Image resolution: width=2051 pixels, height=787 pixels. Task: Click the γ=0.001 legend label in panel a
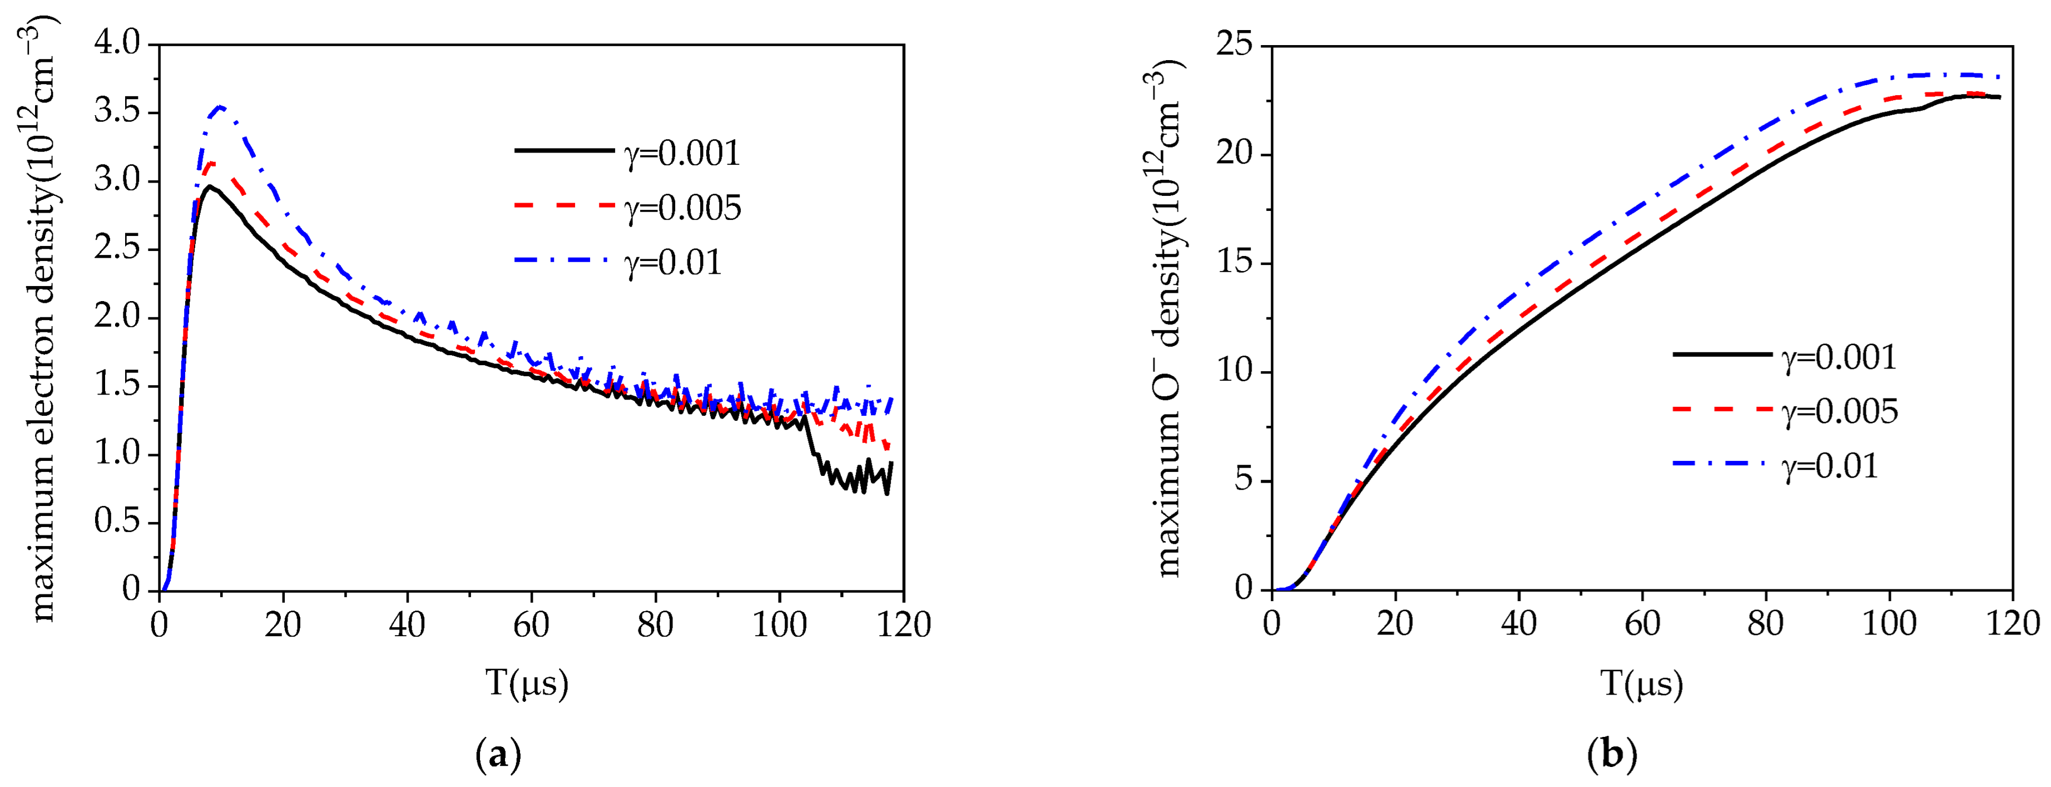pos(682,153)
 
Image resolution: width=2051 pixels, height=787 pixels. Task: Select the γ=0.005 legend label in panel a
pos(682,208)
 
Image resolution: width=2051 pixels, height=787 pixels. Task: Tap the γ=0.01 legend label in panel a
pos(673,263)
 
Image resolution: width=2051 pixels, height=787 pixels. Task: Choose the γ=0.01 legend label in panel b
pos(1830,466)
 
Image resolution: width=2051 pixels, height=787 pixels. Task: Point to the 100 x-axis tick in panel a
pos(779,624)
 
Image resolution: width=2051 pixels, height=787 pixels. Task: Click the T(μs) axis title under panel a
pos(527,683)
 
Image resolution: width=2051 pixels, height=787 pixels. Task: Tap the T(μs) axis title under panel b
pos(1642,683)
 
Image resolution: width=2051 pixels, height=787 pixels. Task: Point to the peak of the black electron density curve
pos(209,186)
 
